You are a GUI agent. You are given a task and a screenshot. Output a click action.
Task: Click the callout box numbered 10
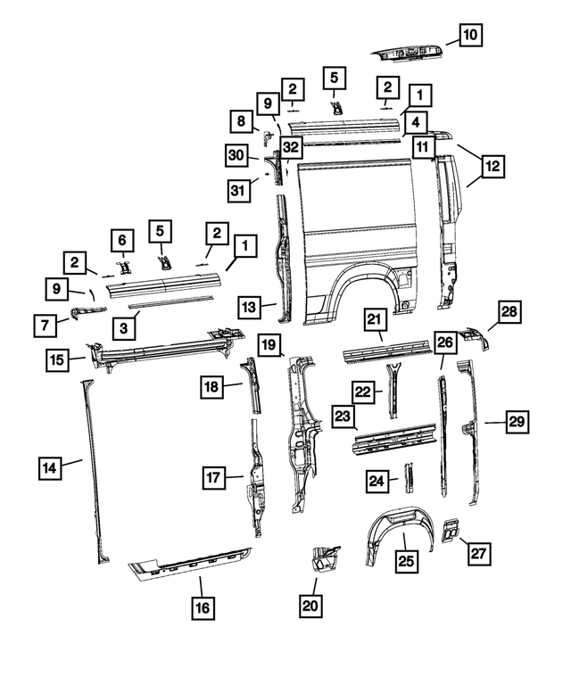470,36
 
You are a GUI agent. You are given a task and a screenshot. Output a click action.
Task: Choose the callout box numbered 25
406,561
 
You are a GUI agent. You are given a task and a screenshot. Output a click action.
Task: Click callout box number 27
478,554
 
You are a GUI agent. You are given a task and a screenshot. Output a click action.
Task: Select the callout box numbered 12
492,165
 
